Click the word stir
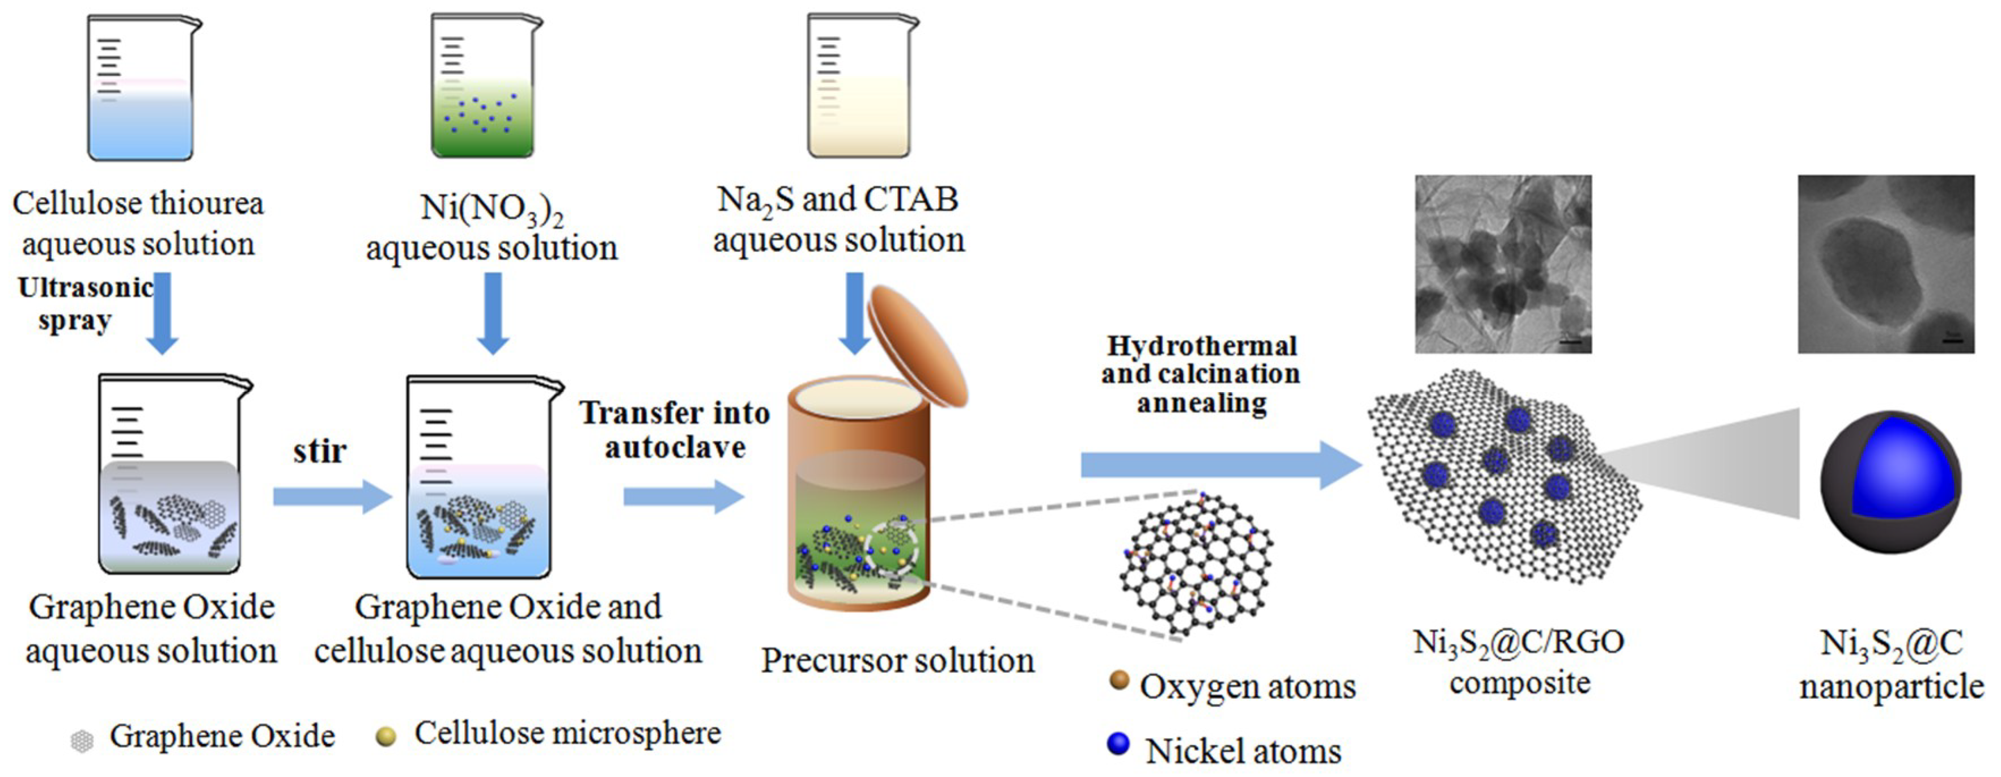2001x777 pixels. [x=319, y=451]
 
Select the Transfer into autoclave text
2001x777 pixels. [x=674, y=430]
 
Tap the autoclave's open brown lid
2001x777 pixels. [x=917, y=346]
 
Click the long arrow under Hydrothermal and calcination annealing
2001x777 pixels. [x=1219, y=465]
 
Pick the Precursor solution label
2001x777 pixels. [x=897, y=660]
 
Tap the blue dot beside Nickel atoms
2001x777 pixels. [x=1118, y=744]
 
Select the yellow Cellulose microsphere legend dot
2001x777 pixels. [x=385, y=736]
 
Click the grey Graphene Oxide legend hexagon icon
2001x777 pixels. [x=82, y=741]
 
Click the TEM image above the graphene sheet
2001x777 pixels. [x=1503, y=264]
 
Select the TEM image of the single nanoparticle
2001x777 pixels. [x=1885, y=264]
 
